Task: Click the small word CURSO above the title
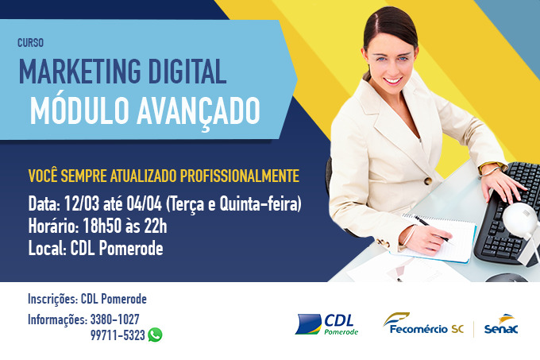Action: coord(30,43)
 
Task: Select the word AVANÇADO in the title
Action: coord(199,111)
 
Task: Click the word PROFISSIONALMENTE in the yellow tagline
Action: coord(240,176)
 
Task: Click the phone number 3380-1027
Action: coord(114,319)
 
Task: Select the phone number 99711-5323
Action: coord(118,335)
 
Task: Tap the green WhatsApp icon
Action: coord(155,335)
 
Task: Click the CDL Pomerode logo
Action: coord(326,323)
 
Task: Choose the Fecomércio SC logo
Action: coord(423,323)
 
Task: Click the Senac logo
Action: coord(501,324)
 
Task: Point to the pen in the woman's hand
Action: coord(434,230)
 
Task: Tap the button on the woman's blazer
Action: coord(428,180)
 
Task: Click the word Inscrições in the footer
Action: coord(52,299)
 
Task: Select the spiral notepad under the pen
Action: coord(438,238)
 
